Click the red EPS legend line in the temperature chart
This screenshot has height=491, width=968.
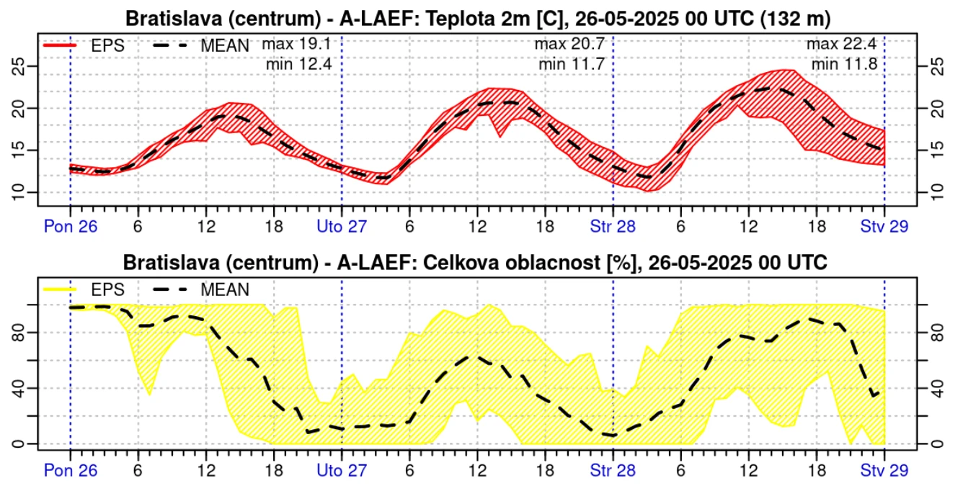(x=61, y=45)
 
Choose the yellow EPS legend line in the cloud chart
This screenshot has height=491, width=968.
(x=61, y=290)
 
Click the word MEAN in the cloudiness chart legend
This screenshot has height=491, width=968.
(x=225, y=290)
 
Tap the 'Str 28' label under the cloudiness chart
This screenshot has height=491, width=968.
(x=613, y=471)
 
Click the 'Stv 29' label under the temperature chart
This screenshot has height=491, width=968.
(x=884, y=226)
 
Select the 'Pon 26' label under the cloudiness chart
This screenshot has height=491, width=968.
(x=70, y=471)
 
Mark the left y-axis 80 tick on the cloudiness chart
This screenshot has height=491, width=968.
(x=21, y=333)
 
